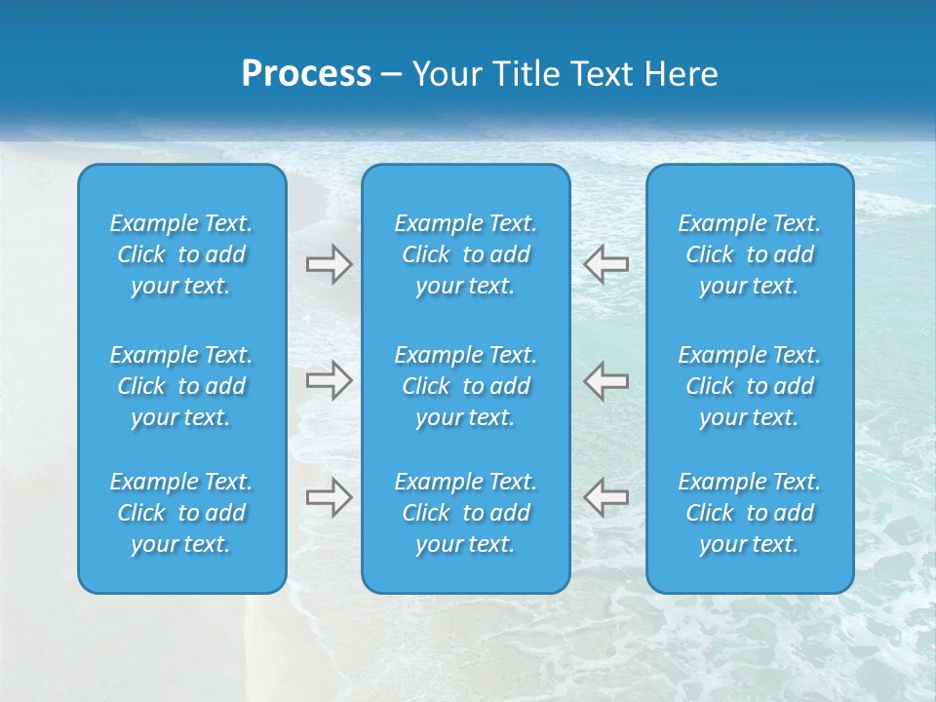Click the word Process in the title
pos(306,74)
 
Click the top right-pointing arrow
pos(330,264)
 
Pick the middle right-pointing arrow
pos(330,380)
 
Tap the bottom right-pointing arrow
pos(330,497)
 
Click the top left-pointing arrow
pos(605,264)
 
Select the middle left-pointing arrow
pos(605,380)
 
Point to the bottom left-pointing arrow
pos(605,497)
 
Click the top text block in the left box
pos(181,254)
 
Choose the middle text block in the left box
pos(181,386)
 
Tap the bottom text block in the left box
pos(181,513)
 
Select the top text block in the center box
pos(465,254)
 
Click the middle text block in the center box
pos(465,386)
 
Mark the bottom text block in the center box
pos(465,513)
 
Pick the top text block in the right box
pos(749,254)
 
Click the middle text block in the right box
pos(749,386)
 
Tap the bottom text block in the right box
pos(749,513)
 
